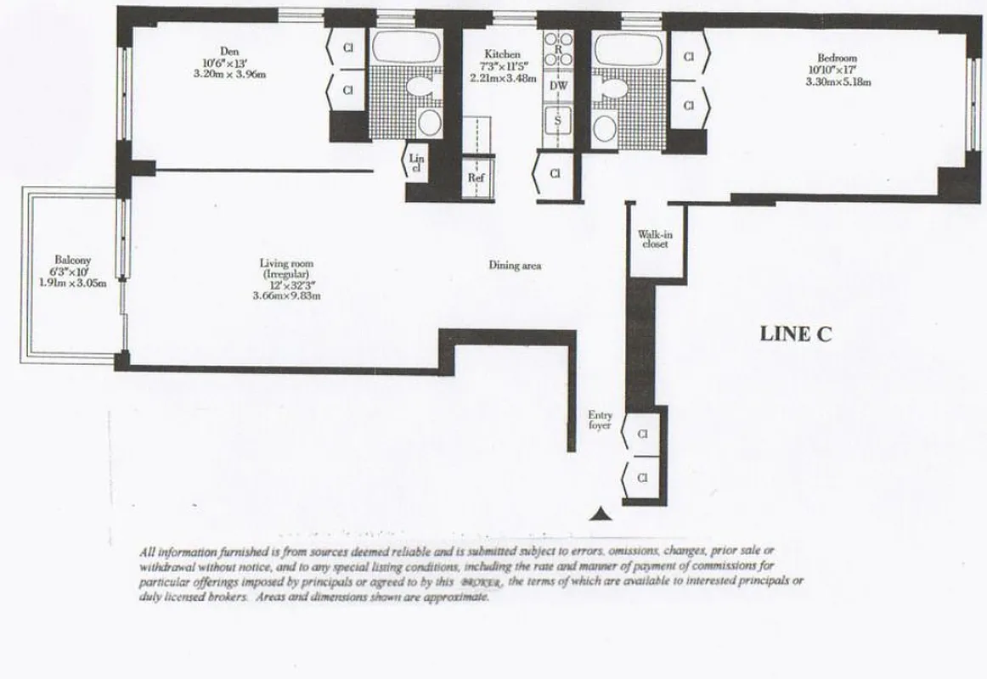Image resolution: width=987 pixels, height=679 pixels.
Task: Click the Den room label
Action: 229,52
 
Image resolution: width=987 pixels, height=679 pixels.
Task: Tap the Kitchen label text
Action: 501,54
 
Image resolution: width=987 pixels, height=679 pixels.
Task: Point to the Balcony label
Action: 73,261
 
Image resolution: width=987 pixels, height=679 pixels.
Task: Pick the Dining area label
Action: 515,266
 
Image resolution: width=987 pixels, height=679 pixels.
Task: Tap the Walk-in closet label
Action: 653,238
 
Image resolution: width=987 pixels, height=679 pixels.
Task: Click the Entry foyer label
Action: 601,420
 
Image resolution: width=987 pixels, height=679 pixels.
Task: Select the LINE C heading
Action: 795,334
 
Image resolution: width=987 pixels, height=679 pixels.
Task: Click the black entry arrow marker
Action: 601,513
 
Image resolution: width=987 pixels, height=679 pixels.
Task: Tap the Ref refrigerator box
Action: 476,178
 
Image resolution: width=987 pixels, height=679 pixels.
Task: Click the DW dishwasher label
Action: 558,86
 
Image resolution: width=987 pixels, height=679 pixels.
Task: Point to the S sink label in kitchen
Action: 558,120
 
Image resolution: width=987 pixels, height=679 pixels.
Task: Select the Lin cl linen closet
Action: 416,162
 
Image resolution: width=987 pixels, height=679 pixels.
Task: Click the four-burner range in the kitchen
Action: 558,48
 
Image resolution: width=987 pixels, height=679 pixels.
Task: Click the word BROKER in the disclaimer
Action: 482,583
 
